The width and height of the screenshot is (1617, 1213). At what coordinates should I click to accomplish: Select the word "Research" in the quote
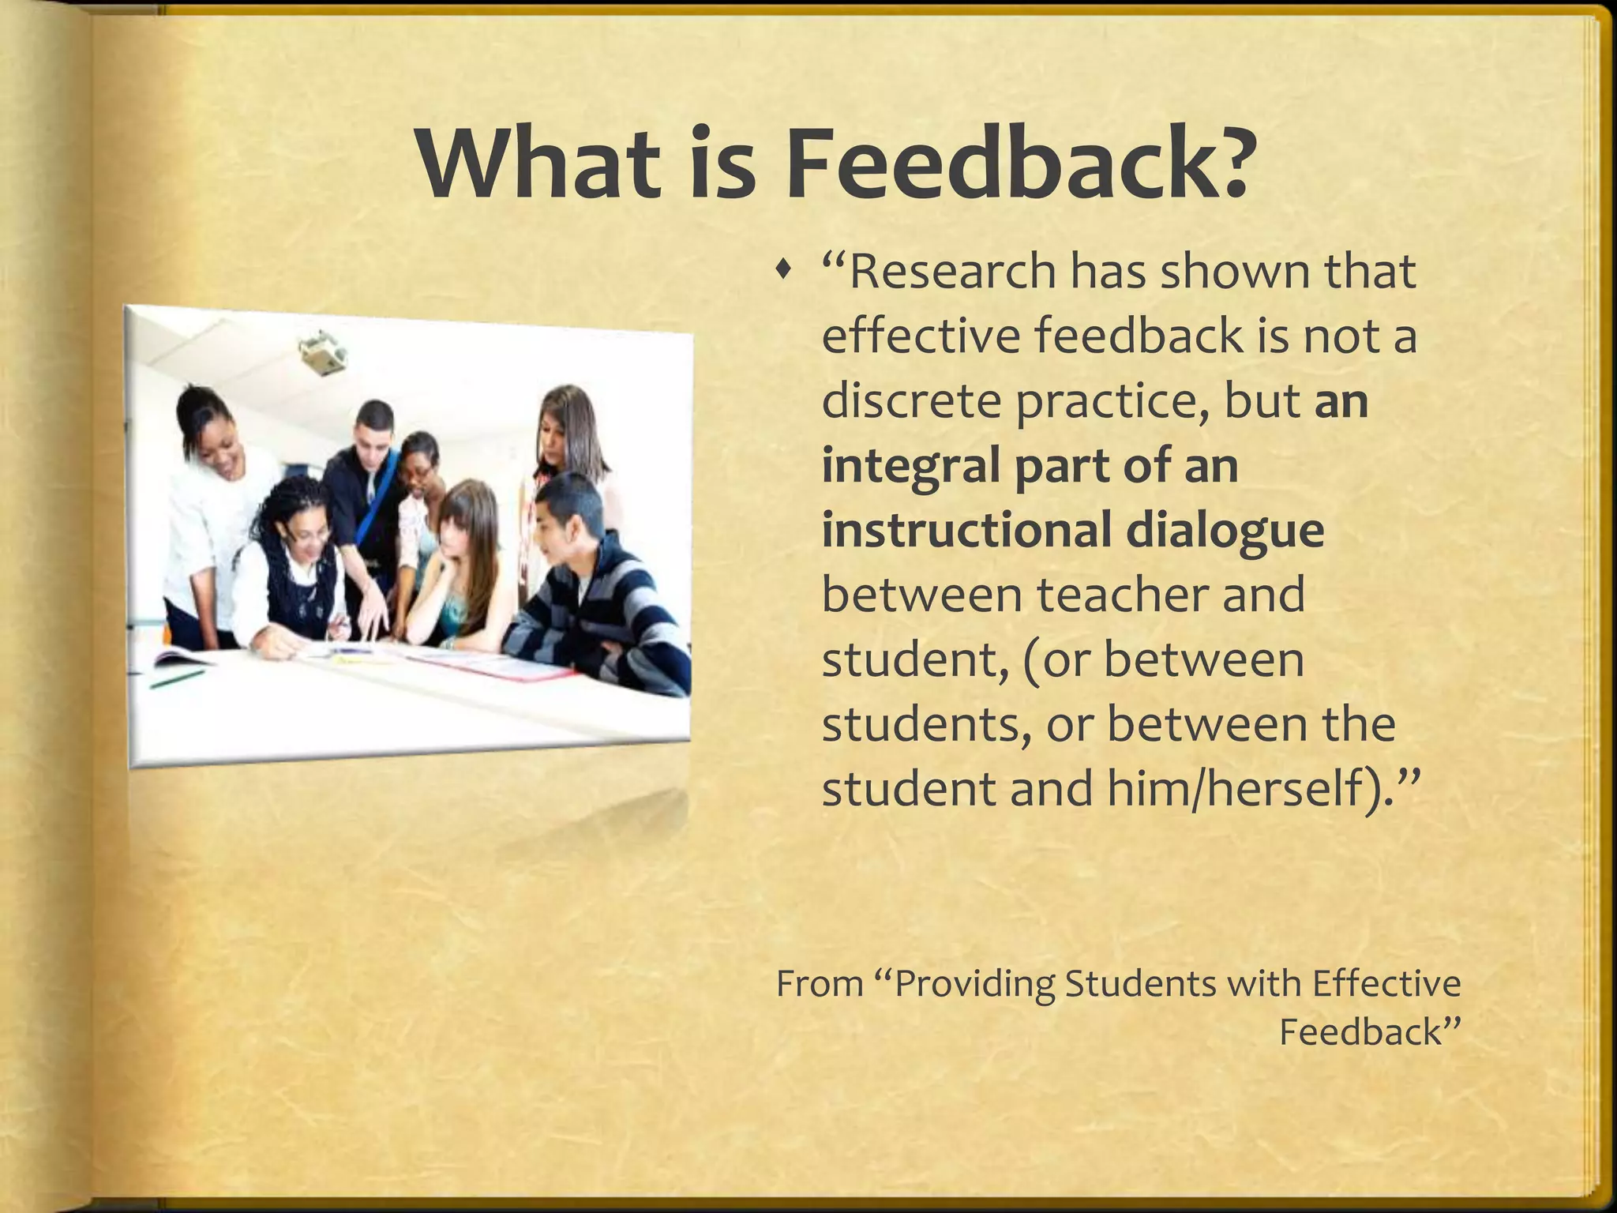click(952, 272)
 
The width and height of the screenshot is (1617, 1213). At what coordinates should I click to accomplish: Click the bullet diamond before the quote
click(782, 272)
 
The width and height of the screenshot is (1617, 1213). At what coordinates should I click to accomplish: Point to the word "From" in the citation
click(820, 984)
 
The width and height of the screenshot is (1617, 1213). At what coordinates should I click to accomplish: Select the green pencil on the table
click(178, 678)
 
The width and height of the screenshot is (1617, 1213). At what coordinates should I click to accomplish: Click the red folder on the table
click(505, 668)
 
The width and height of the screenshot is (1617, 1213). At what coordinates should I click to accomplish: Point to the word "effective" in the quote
click(921, 336)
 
